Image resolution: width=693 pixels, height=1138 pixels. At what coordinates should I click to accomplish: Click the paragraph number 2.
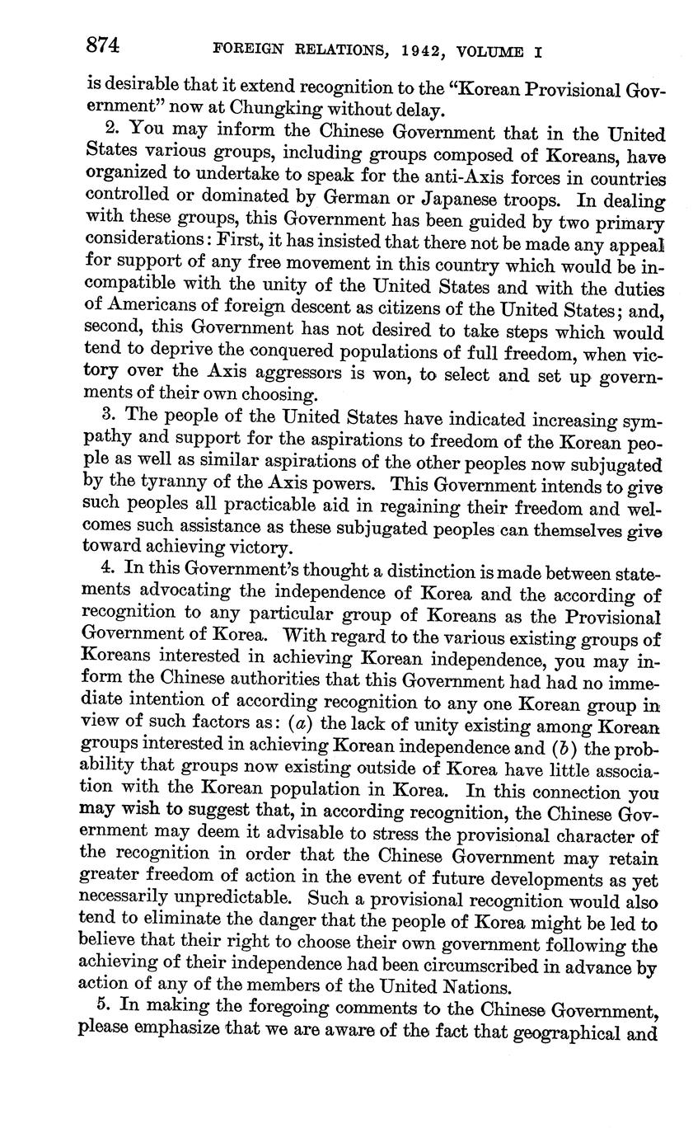click(x=112, y=130)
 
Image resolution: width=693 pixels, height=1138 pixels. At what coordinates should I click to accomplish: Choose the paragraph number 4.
click(x=106, y=568)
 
